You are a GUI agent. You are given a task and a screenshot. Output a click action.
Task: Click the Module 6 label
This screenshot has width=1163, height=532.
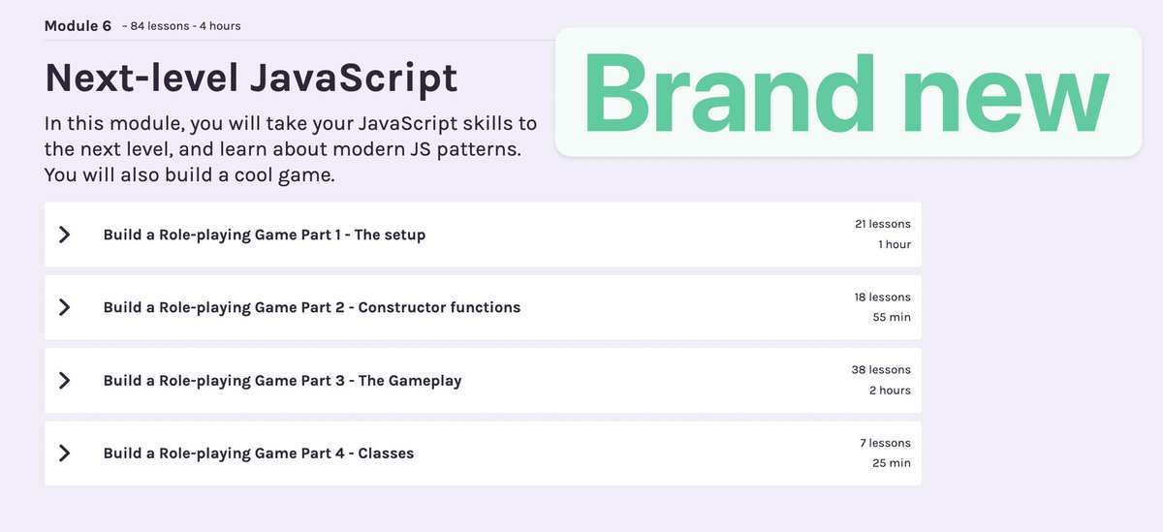(78, 26)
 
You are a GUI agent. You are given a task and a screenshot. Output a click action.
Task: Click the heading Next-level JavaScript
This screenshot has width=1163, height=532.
(251, 78)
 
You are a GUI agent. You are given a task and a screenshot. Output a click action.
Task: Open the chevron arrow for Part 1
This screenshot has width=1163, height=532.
(65, 235)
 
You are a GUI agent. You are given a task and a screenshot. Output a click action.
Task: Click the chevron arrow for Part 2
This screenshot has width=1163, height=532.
(65, 307)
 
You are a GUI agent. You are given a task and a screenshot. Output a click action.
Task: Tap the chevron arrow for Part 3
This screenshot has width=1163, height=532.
(65, 381)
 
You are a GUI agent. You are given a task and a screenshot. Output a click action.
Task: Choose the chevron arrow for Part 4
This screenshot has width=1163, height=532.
(65, 454)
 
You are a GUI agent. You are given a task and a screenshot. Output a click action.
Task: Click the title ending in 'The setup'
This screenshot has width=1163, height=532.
(264, 235)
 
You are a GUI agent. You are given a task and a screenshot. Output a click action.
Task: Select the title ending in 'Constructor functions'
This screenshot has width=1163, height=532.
(311, 307)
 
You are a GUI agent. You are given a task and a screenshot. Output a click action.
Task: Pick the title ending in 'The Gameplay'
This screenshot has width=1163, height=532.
(282, 381)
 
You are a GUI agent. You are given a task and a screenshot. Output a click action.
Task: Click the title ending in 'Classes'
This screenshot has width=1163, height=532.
(258, 454)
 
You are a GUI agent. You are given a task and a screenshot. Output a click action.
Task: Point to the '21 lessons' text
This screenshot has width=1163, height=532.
(882, 224)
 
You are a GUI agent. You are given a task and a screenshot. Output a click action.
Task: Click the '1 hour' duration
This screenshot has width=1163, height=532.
(894, 244)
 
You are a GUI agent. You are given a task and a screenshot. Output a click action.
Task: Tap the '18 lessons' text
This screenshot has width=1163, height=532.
(882, 297)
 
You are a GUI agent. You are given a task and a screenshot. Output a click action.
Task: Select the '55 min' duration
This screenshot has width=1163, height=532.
(891, 317)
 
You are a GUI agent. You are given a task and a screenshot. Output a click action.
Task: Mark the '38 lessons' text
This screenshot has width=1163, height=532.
(880, 369)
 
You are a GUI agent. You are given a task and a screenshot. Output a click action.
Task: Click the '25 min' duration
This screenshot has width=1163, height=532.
(891, 463)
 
